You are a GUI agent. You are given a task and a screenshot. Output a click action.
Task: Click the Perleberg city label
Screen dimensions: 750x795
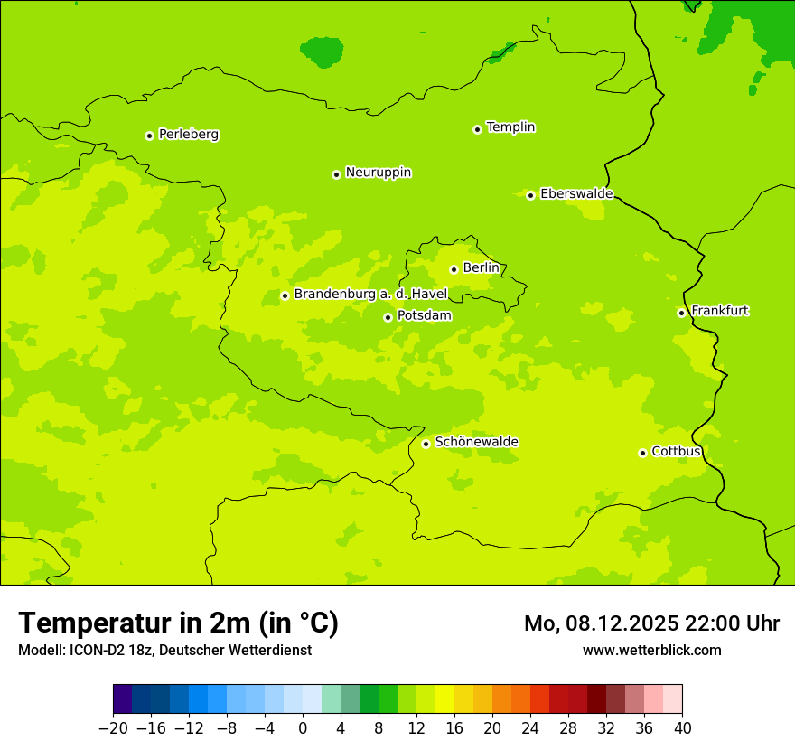(x=188, y=135)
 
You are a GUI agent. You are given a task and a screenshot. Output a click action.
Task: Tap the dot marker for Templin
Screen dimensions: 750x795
(x=477, y=129)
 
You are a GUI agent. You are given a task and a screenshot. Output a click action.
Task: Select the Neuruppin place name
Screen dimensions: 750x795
(x=378, y=173)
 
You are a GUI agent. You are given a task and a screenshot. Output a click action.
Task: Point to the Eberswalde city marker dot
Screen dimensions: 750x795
(x=530, y=195)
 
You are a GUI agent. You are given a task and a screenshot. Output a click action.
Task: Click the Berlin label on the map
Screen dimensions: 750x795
(x=481, y=268)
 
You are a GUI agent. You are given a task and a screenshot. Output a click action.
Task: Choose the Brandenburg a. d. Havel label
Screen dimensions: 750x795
(x=370, y=295)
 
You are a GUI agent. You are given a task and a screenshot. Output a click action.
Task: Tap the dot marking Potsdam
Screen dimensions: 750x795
(x=388, y=317)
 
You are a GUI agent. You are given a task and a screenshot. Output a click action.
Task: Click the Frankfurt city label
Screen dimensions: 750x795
(x=719, y=311)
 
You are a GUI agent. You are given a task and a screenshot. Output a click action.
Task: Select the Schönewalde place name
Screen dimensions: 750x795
(x=476, y=442)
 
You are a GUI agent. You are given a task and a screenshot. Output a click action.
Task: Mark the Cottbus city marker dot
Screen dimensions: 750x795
(x=642, y=453)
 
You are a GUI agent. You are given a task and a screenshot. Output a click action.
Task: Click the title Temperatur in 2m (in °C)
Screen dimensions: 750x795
(x=178, y=623)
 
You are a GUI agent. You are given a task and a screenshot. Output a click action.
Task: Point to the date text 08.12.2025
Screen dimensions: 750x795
(x=616, y=623)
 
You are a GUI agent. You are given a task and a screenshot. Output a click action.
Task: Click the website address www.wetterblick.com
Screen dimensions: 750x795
(x=651, y=650)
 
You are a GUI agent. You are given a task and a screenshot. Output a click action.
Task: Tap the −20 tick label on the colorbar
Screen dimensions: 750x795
(x=113, y=728)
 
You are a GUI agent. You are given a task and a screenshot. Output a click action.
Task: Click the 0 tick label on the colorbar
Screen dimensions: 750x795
(x=303, y=728)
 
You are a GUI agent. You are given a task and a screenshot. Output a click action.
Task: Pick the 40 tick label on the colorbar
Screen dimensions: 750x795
(x=682, y=728)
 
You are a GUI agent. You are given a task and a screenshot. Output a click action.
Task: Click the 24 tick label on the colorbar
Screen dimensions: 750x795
(x=530, y=728)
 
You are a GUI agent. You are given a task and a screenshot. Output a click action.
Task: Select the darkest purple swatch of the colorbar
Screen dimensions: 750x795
(x=123, y=699)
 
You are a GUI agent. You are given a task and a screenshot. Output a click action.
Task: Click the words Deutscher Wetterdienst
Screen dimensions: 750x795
(x=235, y=650)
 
